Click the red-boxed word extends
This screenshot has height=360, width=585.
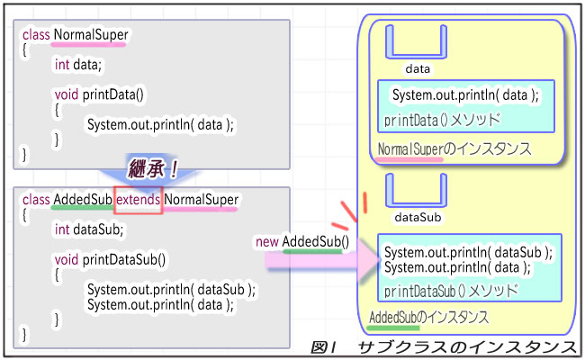139,198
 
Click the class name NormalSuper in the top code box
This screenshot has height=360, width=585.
91,36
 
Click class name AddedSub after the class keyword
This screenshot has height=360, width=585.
83,198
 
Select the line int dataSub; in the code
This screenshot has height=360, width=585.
88,229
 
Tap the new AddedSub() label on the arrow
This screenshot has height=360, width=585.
302,241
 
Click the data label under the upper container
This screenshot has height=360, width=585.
417,68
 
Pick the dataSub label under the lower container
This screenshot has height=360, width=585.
417,217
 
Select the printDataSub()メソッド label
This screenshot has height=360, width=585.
451,291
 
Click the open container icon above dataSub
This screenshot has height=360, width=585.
416,191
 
